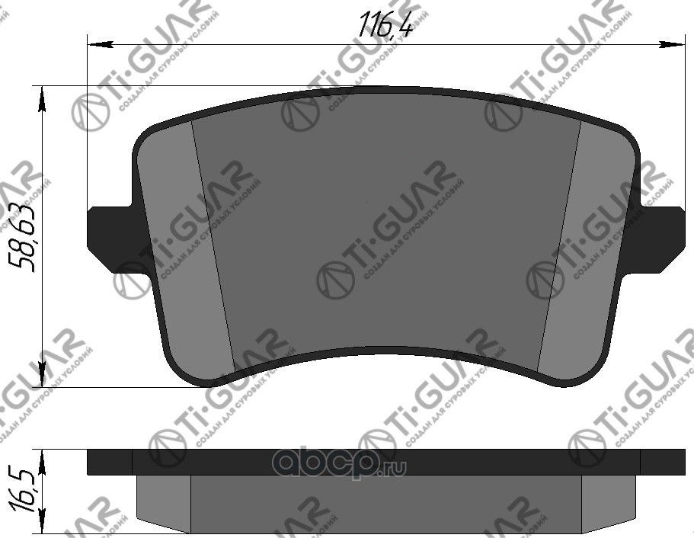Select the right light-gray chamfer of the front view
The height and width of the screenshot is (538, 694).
(x=587, y=251)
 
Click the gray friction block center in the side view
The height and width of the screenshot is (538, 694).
(x=385, y=503)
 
